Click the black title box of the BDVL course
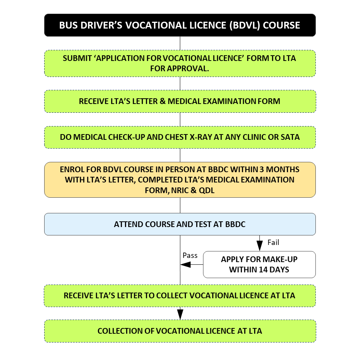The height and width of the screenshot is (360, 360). (180, 25)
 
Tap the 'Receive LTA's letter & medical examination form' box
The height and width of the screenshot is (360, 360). (180, 101)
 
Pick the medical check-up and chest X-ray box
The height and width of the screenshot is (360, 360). (180, 137)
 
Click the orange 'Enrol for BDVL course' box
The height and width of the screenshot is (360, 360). (180, 180)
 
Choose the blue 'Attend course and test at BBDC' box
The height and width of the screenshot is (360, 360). (180, 224)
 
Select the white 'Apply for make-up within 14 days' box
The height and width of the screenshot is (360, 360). (259, 264)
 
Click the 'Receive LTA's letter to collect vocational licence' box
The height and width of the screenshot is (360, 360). (180, 296)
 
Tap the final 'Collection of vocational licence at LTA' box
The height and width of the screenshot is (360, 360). (180, 331)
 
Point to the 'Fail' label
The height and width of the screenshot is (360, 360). (274, 242)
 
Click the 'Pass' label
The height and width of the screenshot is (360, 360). (190, 255)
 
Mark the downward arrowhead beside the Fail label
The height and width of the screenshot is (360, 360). (260, 246)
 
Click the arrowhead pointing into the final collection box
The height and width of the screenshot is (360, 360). (180, 315)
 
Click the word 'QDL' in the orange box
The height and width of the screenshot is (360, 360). (207, 190)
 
